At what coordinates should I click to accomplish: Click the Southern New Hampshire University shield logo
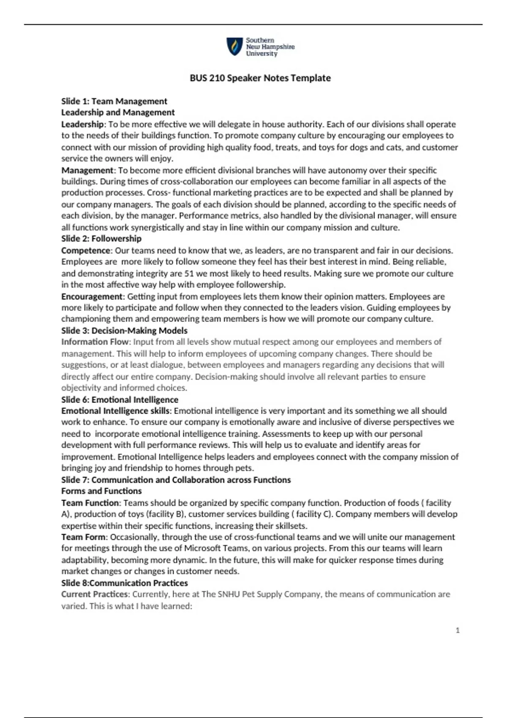point(234,46)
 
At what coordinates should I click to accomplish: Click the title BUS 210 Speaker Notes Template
point(260,78)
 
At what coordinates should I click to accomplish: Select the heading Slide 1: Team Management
point(114,101)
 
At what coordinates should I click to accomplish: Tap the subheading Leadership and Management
point(118,112)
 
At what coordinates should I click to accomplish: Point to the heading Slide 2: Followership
point(101,239)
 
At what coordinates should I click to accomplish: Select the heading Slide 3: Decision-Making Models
point(124,331)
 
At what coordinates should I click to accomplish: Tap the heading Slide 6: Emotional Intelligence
point(120,400)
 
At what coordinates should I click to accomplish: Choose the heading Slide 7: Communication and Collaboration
point(176,480)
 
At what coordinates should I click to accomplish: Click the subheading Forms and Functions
point(101,491)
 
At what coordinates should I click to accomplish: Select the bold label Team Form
point(83,537)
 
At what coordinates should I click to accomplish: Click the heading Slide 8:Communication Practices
point(124,583)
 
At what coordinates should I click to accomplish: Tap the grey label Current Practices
point(95,594)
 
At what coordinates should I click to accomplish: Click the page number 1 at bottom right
point(458,630)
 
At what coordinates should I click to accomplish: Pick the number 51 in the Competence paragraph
point(189,274)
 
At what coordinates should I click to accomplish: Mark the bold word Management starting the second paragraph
point(87,170)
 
